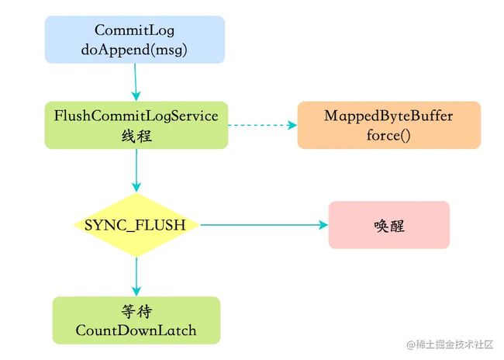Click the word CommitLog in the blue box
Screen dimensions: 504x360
[x=134, y=30]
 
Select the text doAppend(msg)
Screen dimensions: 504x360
[x=134, y=50]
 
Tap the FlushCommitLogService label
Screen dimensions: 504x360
[x=136, y=116]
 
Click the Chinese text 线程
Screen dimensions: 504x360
[x=136, y=136]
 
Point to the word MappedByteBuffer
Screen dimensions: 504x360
[x=388, y=116]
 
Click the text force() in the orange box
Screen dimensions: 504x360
[x=388, y=136]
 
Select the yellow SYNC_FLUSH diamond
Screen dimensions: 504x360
[x=136, y=225]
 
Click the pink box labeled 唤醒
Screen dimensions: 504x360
[x=389, y=225]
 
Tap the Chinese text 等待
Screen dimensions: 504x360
[x=136, y=311]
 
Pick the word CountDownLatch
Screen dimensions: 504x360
[x=136, y=331]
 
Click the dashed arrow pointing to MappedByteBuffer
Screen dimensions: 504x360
[x=262, y=125]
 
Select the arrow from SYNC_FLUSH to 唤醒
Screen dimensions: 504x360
[x=264, y=225]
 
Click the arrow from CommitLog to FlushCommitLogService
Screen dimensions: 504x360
[x=136, y=82]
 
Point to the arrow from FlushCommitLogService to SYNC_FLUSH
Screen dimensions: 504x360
[x=136, y=171]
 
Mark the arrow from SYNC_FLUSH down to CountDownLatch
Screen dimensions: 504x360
[x=136, y=277]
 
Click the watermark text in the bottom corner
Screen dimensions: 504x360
[x=450, y=344]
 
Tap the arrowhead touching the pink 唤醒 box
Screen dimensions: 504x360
[x=323, y=225]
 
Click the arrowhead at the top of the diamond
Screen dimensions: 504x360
[x=136, y=188]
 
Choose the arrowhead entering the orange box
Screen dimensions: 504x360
[x=292, y=125]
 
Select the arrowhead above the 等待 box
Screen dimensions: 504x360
[x=136, y=292]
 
